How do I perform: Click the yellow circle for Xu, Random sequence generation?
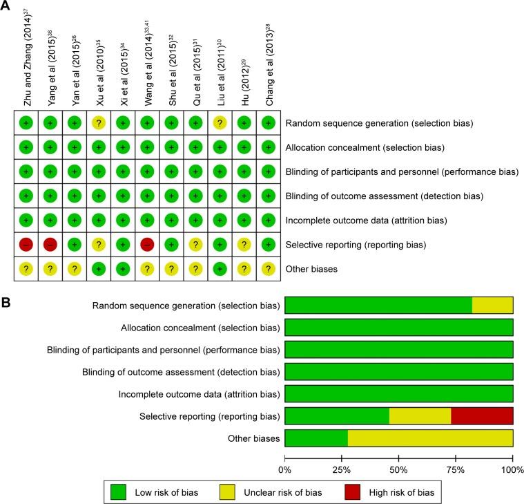(99, 122)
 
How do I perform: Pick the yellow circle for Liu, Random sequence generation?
(219, 122)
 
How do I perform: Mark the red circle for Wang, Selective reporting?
(146, 244)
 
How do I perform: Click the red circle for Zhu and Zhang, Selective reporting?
(26, 244)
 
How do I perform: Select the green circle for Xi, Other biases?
(123, 268)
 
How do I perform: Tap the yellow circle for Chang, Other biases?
(267, 268)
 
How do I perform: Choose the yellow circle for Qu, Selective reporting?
(195, 244)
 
